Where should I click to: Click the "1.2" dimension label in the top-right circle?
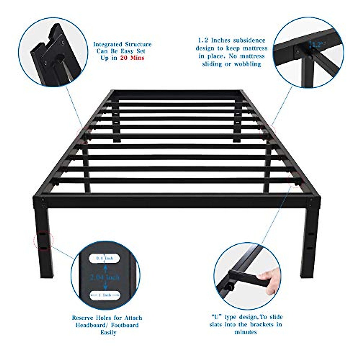pyautogui.click(x=317, y=45)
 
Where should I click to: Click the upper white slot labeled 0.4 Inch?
pyautogui.click(x=105, y=258)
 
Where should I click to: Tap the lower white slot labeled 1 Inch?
pyautogui.click(x=105, y=295)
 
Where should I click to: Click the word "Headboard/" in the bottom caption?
pyautogui.click(x=92, y=325)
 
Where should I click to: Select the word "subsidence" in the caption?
pyautogui.click(x=249, y=40)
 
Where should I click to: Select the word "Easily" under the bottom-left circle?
pyautogui.click(x=108, y=332)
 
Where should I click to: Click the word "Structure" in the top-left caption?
pyautogui.click(x=138, y=44)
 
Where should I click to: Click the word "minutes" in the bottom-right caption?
pyautogui.click(x=245, y=332)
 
